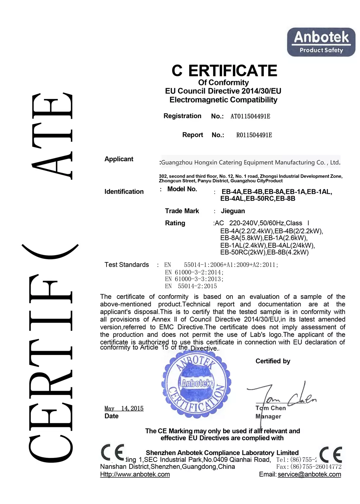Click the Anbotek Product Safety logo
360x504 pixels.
click(321, 42)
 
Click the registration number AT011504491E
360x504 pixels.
click(250, 116)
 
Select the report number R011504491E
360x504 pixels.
click(254, 135)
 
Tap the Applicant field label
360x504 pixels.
click(119, 159)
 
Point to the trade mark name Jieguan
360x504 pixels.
click(233, 211)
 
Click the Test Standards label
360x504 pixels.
click(127, 265)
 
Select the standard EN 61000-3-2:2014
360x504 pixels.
click(194, 272)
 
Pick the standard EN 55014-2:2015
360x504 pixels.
click(191, 286)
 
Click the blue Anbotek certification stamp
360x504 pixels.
click(197, 385)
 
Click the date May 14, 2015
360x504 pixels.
click(124, 408)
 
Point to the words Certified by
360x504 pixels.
click(273, 361)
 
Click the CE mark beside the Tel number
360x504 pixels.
click(331, 455)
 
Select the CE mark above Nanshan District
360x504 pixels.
click(112, 453)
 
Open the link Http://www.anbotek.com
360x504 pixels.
click(135, 474)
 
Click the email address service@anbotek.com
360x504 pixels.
click(309, 474)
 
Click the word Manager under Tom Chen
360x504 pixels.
click(269, 417)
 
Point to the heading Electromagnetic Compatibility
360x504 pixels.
click(223, 100)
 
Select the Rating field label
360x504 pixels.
click(175, 223)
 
